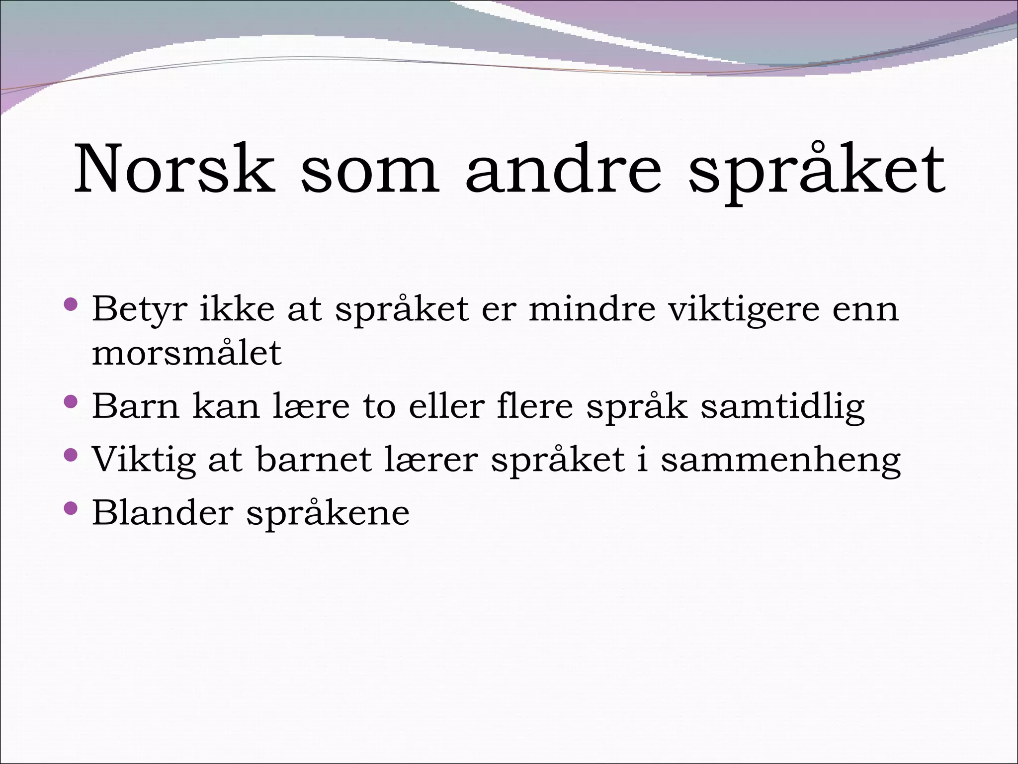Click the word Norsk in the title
click(x=174, y=169)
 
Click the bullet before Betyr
click(x=72, y=304)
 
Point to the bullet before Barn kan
click(x=72, y=401)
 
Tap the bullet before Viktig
click(x=72, y=454)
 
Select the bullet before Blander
click(x=72, y=508)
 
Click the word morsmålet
click(x=187, y=353)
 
